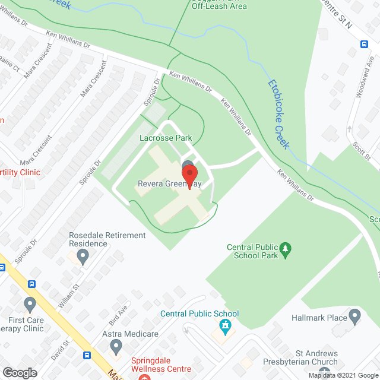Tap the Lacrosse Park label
pos(166,138)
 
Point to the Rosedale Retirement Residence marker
pos(83,256)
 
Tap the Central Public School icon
pos(225,325)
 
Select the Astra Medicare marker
pos(116,346)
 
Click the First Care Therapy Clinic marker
pos(30,305)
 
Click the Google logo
pos(19,372)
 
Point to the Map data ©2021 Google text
pos(342,375)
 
